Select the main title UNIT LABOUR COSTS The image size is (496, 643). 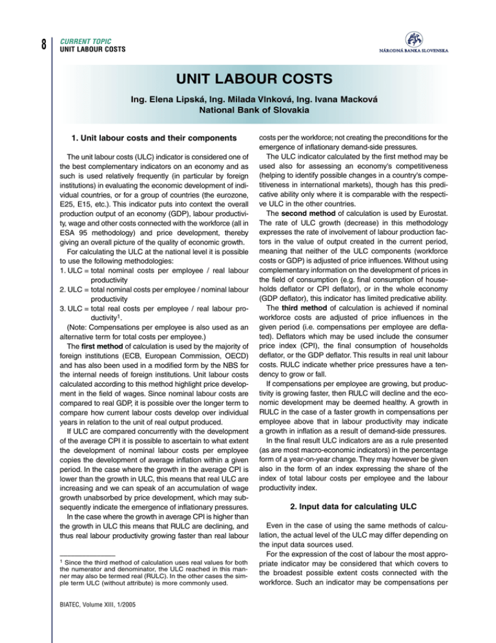point(247,82)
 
